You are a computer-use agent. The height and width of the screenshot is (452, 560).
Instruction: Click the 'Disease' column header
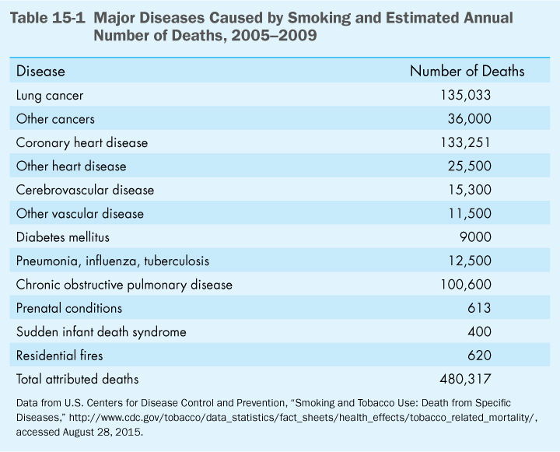(40, 72)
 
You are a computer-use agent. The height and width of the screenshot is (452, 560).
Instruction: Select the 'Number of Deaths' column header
(467, 72)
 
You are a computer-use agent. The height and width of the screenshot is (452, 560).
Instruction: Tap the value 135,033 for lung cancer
(466, 96)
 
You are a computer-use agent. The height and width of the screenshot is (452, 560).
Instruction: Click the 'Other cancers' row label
(55, 119)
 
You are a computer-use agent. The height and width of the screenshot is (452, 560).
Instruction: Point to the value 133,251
(466, 143)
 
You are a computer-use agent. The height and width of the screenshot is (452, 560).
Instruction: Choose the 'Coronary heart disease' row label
(82, 143)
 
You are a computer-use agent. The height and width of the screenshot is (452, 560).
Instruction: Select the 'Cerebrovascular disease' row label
(85, 190)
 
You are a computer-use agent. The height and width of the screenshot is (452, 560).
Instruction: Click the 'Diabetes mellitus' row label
(65, 237)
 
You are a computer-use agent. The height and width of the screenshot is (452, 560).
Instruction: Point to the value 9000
(474, 237)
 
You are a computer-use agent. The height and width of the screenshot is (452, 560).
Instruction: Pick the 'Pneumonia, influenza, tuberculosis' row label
(112, 261)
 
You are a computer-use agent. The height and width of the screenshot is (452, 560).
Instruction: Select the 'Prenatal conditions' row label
(69, 308)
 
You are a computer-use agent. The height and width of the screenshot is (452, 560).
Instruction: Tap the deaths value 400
(480, 331)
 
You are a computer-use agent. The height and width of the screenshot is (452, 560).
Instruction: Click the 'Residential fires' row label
(60, 356)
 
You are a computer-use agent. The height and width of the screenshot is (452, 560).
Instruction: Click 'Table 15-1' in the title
(46, 18)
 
